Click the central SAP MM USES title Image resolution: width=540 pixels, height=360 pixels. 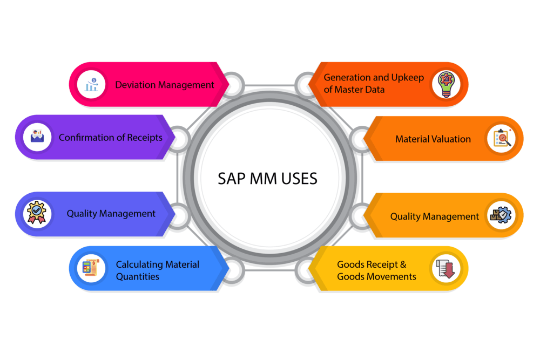[267, 179]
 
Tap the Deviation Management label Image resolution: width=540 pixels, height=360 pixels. [165, 85]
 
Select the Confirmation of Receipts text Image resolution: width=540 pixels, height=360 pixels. [111, 138]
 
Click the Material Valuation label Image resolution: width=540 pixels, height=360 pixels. [433, 139]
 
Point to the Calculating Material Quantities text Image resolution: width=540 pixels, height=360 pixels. [157, 270]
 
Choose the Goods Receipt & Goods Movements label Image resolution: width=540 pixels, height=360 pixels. [376, 270]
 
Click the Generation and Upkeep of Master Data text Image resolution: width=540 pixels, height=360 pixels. [374, 84]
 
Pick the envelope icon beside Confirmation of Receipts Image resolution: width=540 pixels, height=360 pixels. [37, 137]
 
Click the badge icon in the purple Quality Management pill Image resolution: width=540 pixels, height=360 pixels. [37, 214]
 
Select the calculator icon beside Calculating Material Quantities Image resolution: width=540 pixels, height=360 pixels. [91, 268]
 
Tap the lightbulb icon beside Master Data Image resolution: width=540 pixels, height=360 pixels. [446, 84]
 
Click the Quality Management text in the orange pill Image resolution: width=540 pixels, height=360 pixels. [434, 216]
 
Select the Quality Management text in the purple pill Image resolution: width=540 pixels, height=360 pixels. [111, 214]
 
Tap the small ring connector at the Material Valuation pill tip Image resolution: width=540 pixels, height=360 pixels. [360, 139]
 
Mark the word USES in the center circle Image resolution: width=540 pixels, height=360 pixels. [296, 179]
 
